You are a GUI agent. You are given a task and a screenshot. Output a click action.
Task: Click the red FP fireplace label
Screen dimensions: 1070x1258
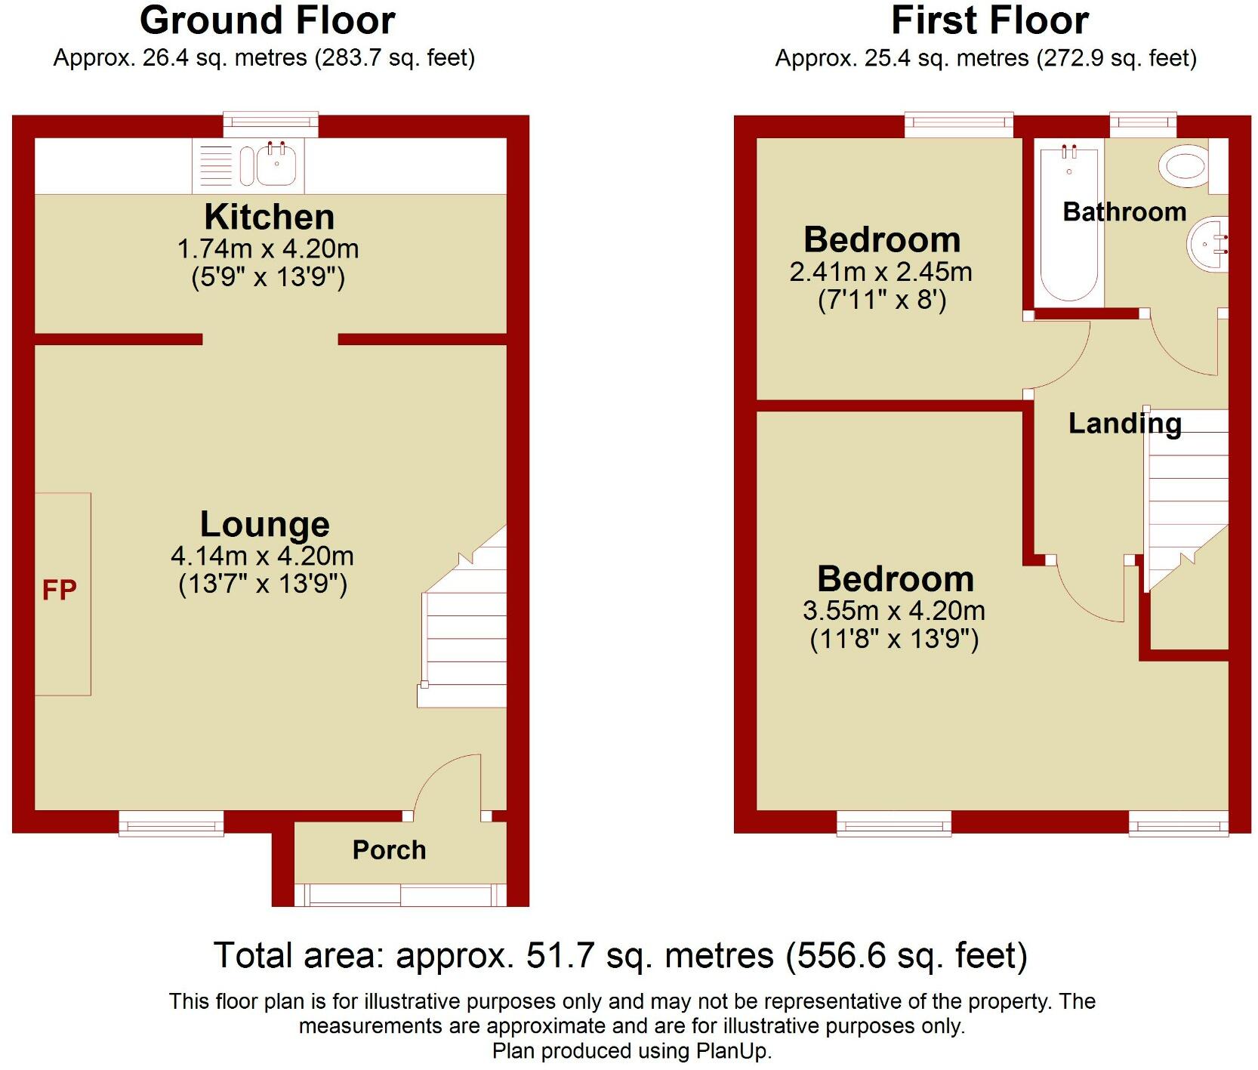click(x=59, y=590)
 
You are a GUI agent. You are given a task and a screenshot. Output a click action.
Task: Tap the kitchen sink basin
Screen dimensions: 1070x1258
click(x=276, y=165)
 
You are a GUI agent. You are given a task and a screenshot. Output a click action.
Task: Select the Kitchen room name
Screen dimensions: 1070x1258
click(x=270, y=217)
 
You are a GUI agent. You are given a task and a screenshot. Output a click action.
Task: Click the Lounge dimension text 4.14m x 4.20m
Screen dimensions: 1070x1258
click(x=262, y=557)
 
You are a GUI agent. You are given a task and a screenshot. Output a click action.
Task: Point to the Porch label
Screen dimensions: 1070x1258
click(x=389, y=850)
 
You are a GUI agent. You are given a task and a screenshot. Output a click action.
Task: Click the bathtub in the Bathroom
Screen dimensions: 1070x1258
click(x=1068, y=227)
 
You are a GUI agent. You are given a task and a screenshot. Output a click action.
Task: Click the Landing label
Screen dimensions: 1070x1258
click(x=1124, y=424)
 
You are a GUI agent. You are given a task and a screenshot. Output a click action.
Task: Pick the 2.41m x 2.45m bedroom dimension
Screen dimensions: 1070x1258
click(x=880, y=272)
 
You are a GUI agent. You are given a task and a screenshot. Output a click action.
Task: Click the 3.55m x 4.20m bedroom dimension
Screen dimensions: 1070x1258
click(x=893, y=611)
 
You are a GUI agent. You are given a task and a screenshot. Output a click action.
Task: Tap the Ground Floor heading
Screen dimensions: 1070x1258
click(x=267, y=20)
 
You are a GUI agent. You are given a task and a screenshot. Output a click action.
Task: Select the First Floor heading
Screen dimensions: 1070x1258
click(x=989, y=20)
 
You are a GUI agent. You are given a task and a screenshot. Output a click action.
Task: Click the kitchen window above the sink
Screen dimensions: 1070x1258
click(x=270, y=124)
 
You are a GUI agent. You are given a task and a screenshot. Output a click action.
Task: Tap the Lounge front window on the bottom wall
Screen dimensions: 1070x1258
click(x=171, y=824)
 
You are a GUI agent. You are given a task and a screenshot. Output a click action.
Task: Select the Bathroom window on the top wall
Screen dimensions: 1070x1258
click(x=1142, y=124)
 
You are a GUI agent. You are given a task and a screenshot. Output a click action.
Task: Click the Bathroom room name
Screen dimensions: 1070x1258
click(x=1124, y=212)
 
